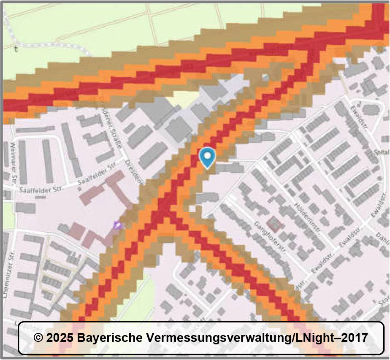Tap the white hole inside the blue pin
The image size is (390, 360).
tap(207, 155)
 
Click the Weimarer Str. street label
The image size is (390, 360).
tap(11, 163)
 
